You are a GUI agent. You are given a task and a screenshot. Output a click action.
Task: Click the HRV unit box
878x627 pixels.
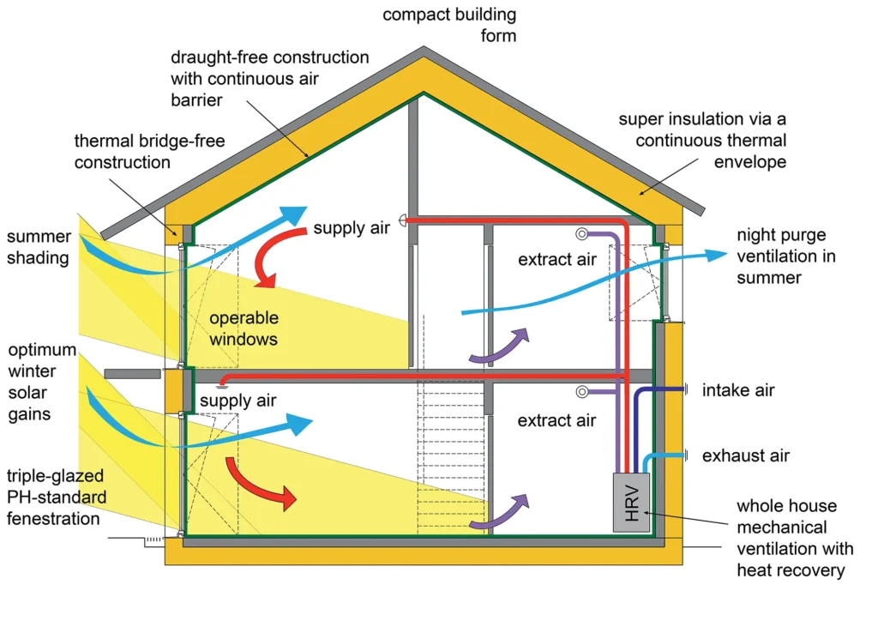point(632,503)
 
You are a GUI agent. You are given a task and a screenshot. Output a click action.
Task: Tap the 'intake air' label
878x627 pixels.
point(738,390)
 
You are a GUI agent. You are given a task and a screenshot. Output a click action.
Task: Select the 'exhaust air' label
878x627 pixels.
point(746,455)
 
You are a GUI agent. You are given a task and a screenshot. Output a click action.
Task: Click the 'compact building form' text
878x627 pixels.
point(449,25)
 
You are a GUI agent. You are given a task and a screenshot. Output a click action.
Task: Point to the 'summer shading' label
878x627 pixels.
point(39,247)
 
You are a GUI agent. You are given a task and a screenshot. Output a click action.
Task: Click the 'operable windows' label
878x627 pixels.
point(244,329)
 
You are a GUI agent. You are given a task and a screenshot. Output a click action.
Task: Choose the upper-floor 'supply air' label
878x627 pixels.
point(351,228)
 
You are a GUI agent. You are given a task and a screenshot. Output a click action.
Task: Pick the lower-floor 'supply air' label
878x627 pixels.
point(238,401)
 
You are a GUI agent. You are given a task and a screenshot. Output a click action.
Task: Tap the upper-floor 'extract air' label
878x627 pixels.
point(557,259)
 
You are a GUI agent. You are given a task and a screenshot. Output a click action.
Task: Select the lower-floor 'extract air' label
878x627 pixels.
point(556,420)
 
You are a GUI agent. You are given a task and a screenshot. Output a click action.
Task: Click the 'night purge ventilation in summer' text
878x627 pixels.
point(786,256)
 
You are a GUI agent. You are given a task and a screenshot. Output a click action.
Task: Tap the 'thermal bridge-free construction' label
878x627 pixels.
point(149,151)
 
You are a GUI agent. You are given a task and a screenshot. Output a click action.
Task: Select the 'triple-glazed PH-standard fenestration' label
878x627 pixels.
point(56,497)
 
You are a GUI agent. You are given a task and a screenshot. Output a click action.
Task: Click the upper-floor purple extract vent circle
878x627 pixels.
point(582,233)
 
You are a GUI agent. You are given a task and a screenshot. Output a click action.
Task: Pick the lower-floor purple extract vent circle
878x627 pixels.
point(582,392)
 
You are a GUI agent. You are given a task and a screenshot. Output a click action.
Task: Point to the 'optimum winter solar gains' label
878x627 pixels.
point(42,382)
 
